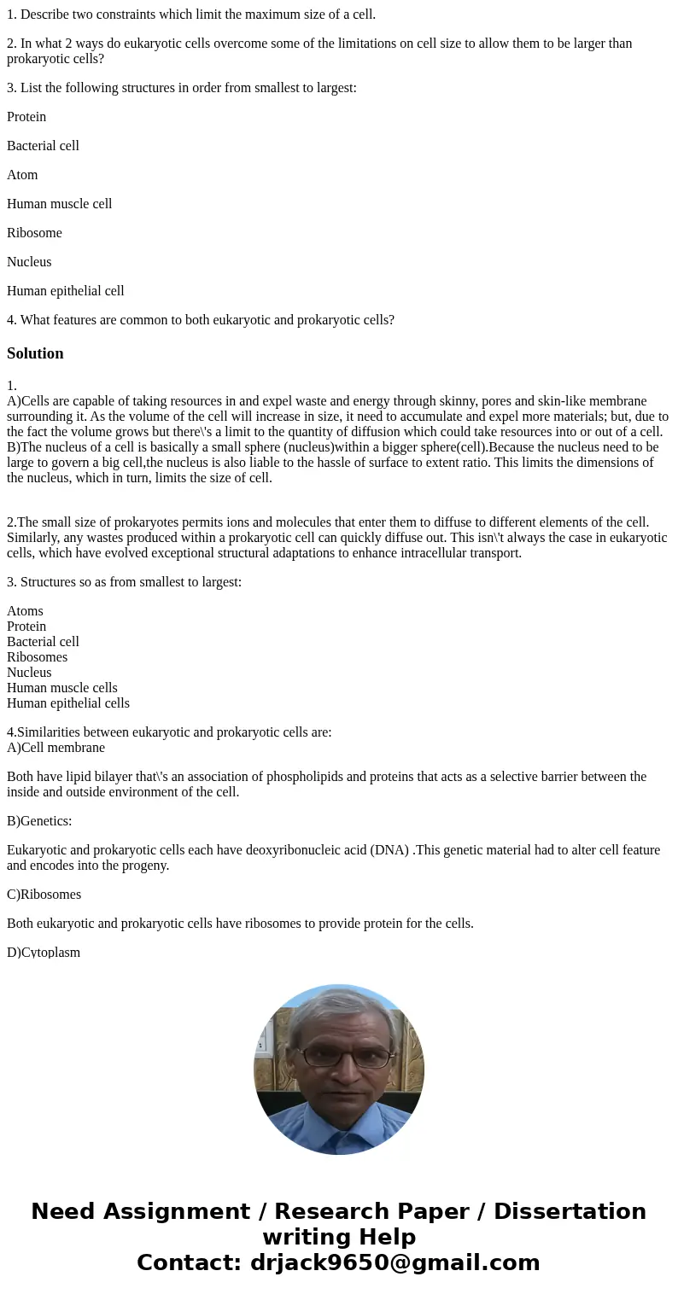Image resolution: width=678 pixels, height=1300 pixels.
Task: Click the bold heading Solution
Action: coord(35,353)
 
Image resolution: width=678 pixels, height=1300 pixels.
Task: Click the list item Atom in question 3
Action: coord(22,175)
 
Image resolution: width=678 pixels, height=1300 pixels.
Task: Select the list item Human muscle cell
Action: coord(59,204)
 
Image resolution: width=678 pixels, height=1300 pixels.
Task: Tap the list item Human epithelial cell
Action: coord(65,291)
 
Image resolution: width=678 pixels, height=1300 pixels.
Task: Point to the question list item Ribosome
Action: coord(34,233)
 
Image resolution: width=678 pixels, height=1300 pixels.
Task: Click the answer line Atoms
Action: coord(25,611)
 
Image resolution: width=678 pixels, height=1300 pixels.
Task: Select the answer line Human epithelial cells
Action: coord(68,703)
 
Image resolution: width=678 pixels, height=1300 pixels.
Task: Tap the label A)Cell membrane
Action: coord(56,748)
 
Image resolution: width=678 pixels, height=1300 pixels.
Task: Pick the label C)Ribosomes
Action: coord(44,895)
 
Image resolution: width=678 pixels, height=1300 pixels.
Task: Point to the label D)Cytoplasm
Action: coord(44,953)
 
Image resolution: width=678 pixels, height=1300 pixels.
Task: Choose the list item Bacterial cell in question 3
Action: coord(43,146)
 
